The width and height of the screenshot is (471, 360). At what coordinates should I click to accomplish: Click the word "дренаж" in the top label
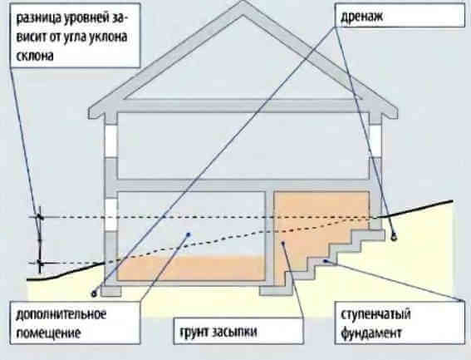(361, 17)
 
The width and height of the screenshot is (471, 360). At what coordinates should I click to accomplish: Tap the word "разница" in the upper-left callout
(38, 18)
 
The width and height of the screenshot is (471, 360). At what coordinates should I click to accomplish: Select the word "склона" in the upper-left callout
(35, 56)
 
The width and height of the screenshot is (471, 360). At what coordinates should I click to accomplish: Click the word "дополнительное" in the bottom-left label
(61, 314)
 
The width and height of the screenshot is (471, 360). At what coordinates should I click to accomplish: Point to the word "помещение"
(49, 333)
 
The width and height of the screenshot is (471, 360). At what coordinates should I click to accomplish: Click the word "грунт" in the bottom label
(194, 332)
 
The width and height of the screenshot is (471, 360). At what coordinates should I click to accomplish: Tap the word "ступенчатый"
(375, 314)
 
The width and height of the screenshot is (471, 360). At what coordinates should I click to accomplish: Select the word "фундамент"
(371, 333)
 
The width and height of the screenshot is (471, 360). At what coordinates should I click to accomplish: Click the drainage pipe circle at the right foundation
(393, 237)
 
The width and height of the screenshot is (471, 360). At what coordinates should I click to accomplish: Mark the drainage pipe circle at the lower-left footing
(94, 293)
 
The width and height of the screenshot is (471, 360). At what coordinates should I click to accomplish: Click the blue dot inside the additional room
(189, 234)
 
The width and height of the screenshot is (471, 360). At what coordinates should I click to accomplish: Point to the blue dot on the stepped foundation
(325, 261)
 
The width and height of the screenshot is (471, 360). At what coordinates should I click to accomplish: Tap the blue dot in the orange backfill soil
(282, 243)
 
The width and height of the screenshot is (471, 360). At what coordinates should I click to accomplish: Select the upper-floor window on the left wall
(110, 141)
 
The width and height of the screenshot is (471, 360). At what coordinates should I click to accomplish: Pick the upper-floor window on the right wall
(375, 141)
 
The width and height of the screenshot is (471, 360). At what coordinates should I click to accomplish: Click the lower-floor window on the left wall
(110, 215)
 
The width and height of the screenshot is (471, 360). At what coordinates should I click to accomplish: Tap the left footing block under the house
(111, 291)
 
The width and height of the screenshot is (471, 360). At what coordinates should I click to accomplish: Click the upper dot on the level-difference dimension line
(39, 217)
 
